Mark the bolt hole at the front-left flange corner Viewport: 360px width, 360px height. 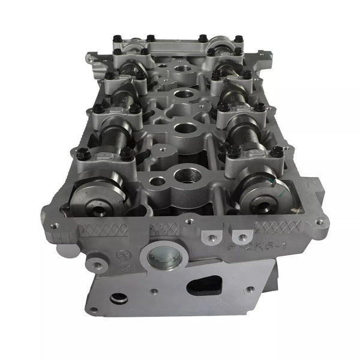coord(55,226)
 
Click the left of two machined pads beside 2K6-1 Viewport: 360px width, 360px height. coord(209,238)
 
